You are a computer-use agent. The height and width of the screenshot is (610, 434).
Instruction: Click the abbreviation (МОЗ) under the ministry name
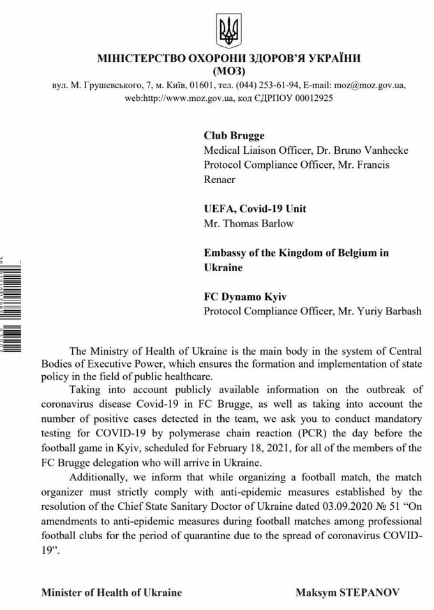click(x=228, y=70)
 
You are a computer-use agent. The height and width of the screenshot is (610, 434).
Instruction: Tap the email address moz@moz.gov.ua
click(x=366, y=85)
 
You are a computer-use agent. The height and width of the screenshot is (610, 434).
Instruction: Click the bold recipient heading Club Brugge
click(x=234, y=135)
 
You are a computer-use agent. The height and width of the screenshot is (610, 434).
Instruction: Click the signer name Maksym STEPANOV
click(x=348, y=592)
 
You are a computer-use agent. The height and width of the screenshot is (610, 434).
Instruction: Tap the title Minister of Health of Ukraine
click(x=112, y=592)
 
